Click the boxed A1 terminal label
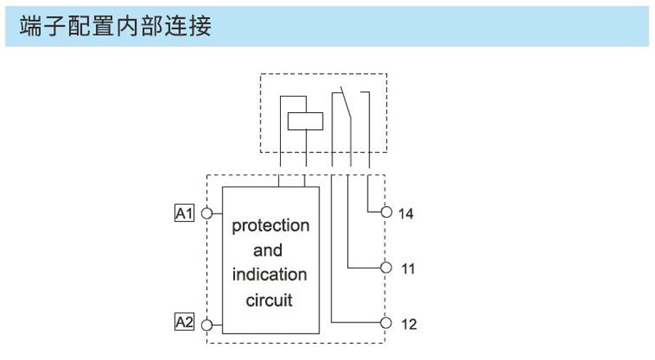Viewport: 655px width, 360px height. pos(184,213)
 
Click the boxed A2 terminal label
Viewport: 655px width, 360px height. pos(184,322)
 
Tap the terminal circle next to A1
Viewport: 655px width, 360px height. pos(207,214)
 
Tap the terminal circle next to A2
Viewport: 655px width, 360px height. pos(207,325)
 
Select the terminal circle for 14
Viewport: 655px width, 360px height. pos(386,212)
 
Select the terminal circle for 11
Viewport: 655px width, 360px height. pos(386,268)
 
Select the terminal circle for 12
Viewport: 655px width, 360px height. pos(386,323)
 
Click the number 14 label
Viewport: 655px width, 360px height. pos(405,214)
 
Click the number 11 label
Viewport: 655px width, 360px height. pos(408,268)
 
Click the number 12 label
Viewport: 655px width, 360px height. pos(409,324)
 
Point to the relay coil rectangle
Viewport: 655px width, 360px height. pos(305,121)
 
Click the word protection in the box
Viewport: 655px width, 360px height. pos(271,226)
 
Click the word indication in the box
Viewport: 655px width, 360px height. pos(269,274)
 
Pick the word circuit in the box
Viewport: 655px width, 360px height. pos(269,299)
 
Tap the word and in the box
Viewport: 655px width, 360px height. pos(268,250)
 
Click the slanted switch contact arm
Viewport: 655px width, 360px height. pos(346,103)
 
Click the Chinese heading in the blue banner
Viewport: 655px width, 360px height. pos(115,26)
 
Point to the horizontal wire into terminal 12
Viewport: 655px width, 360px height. pos(356,322)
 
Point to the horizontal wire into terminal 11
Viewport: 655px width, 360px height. pos(364,268)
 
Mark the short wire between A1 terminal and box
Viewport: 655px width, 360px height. pos(217,214)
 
